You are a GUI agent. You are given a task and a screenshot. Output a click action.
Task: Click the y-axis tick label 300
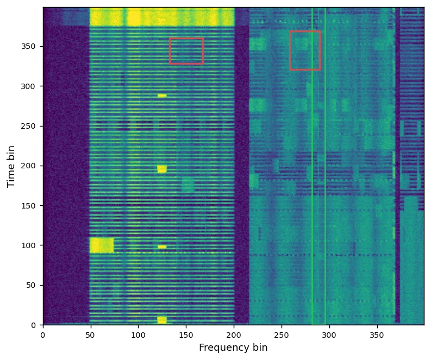[30, 86]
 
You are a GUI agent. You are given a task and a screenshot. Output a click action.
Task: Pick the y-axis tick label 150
[30, 206]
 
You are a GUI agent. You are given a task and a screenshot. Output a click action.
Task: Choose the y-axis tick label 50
[32, 285]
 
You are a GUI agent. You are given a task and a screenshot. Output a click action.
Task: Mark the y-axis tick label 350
[30, 47]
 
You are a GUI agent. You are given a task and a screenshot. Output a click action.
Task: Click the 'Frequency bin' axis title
[233, 348]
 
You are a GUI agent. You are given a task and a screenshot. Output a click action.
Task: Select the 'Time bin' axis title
[11, 166]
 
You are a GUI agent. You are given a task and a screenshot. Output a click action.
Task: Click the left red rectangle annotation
[186, 51]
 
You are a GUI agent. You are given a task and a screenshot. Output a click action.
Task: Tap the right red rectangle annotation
[305, 50]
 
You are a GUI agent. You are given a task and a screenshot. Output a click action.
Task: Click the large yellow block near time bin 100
[102, 245]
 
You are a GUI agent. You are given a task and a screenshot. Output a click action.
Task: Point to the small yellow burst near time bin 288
[162, 96]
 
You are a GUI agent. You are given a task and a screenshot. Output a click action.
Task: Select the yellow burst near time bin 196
[162, 169]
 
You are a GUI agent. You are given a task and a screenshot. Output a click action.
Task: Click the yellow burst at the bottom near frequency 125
[162, 320]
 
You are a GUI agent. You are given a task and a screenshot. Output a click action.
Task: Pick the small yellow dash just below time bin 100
[162, 247]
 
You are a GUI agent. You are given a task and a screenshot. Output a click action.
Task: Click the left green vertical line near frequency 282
[312, 163]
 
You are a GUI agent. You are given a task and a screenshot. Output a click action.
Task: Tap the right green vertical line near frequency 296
[325, 163]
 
